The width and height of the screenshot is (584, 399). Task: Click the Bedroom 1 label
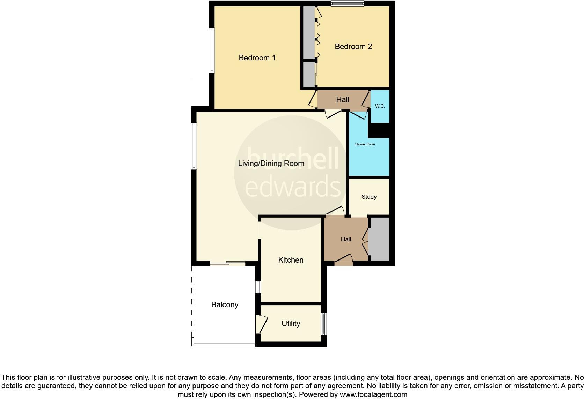point(257,58)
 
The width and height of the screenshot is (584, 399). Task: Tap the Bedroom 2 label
point(353,46)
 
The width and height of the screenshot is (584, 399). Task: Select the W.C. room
point(380,106)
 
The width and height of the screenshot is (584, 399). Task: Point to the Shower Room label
point(365,144)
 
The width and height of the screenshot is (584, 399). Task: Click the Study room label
point(369,197)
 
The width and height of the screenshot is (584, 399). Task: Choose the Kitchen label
point(291,260)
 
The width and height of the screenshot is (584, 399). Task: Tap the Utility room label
point(291,323)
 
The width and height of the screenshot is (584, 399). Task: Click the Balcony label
point(225,304)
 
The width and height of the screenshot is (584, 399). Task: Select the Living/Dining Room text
point(271,163)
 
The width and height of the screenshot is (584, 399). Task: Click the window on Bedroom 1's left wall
point(212,50)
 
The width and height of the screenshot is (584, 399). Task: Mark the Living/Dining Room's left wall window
point(194,146)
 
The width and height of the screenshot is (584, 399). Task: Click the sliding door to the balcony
point(228,264)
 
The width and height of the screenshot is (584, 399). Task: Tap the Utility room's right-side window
point(324,324)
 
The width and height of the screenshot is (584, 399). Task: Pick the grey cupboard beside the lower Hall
point(380,239)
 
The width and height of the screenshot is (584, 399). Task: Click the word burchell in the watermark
point(293,159)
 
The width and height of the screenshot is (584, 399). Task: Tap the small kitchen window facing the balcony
point(258,287)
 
